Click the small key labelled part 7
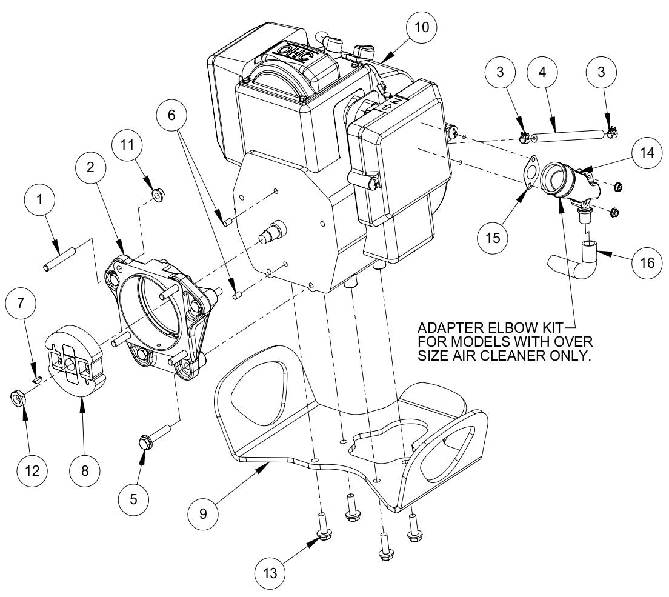click(36, 379)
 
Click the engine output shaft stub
click(275, 231)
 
